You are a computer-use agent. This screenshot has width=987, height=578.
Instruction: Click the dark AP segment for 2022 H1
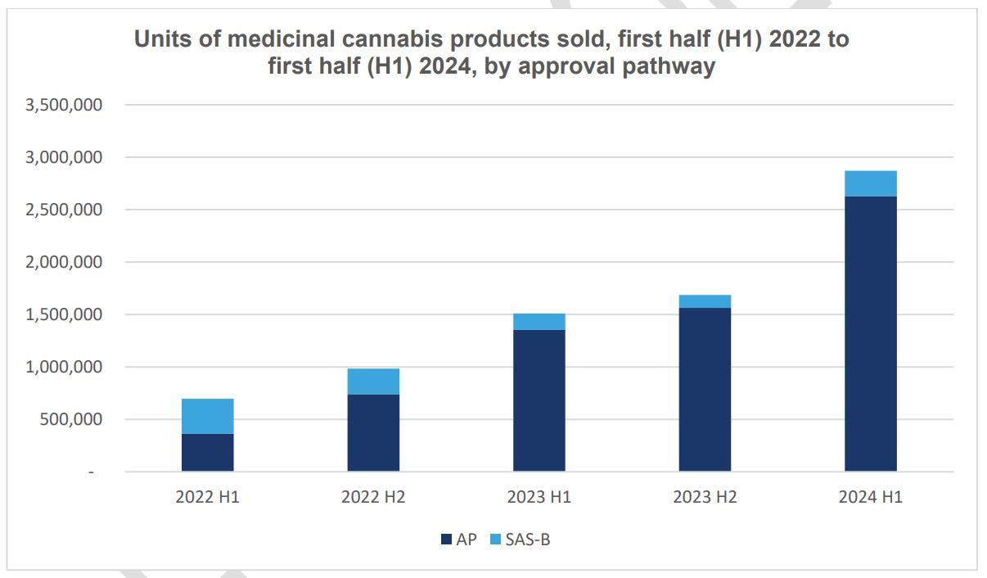[207, 452]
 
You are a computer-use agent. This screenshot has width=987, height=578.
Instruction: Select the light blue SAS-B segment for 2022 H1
[207, 416]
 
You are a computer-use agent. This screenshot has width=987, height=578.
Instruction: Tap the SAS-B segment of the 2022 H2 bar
[373, 382]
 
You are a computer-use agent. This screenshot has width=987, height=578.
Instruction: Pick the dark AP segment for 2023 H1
[539, 400]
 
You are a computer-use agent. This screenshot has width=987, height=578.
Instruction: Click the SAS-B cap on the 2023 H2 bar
[705, 301]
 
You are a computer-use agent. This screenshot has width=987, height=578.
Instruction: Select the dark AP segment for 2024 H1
[870, 333]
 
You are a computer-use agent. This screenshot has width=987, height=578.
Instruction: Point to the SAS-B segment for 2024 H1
[870, 183]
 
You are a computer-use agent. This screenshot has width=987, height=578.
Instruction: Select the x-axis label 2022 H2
[373, 497]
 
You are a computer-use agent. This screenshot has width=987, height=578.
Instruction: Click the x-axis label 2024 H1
[870, 497]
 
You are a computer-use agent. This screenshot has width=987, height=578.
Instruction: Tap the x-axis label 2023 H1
[539, 497]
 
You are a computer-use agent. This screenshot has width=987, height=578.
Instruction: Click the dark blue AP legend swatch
[446, 540]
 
